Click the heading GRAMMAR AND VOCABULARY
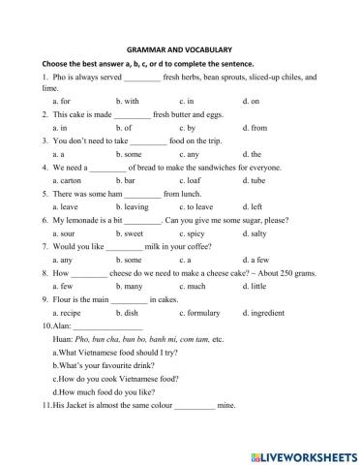[x=179, y=48]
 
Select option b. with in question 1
[x=128, y=101]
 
